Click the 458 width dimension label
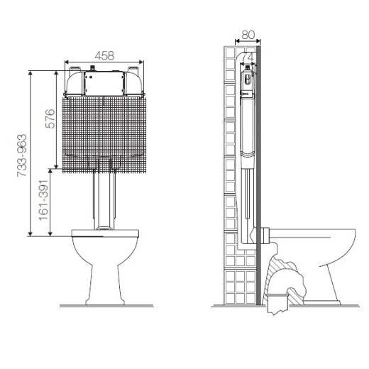click(x=104, y=56)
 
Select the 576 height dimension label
click(x=50, y=119)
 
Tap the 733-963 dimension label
click(x=22, y=155)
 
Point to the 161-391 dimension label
click(x=43, y=200)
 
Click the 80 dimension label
click(x=248, y=35)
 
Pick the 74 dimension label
click(x=248, y=57)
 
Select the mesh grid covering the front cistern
click(x=104, y=135)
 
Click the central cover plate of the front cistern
click(x=104, y=84)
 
